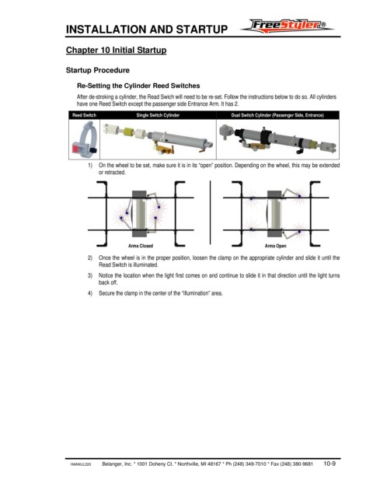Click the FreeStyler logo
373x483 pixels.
(x=287, y=26)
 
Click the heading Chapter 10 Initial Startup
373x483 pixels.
(x=116, y=51)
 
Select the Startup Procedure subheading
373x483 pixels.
(x=98, y=70)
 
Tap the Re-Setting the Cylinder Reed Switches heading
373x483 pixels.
(x=138, y=86)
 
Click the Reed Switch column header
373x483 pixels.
(x=85, y=115)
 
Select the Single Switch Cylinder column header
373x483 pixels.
(x=158, y=115)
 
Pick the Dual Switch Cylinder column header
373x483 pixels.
(x=277, y=115)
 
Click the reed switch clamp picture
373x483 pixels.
(x=85, y=138)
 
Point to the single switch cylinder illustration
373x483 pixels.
(x=158, y=138)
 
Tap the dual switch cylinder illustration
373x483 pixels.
(x=277, y=139)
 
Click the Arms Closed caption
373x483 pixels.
(x=141, y=246)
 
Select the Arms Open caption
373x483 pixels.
(x=275, y=246)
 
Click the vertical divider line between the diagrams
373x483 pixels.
(x=211, y=212)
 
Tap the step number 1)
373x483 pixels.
(x=90, y=166)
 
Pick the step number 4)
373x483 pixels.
(x=90, y=293)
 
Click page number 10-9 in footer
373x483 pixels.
(x=329, y=464)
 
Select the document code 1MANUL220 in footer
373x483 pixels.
(x=81, y=464)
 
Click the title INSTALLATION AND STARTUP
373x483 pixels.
(x=147, y=30)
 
